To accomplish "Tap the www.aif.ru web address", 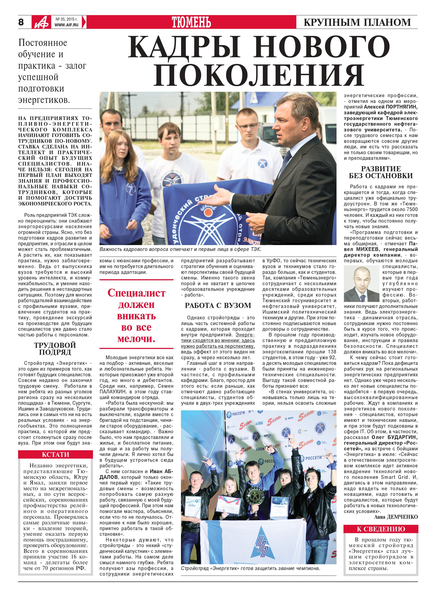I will point(67,25).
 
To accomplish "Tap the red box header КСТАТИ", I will point(55,454).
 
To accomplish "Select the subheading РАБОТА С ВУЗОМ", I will point(218,305).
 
